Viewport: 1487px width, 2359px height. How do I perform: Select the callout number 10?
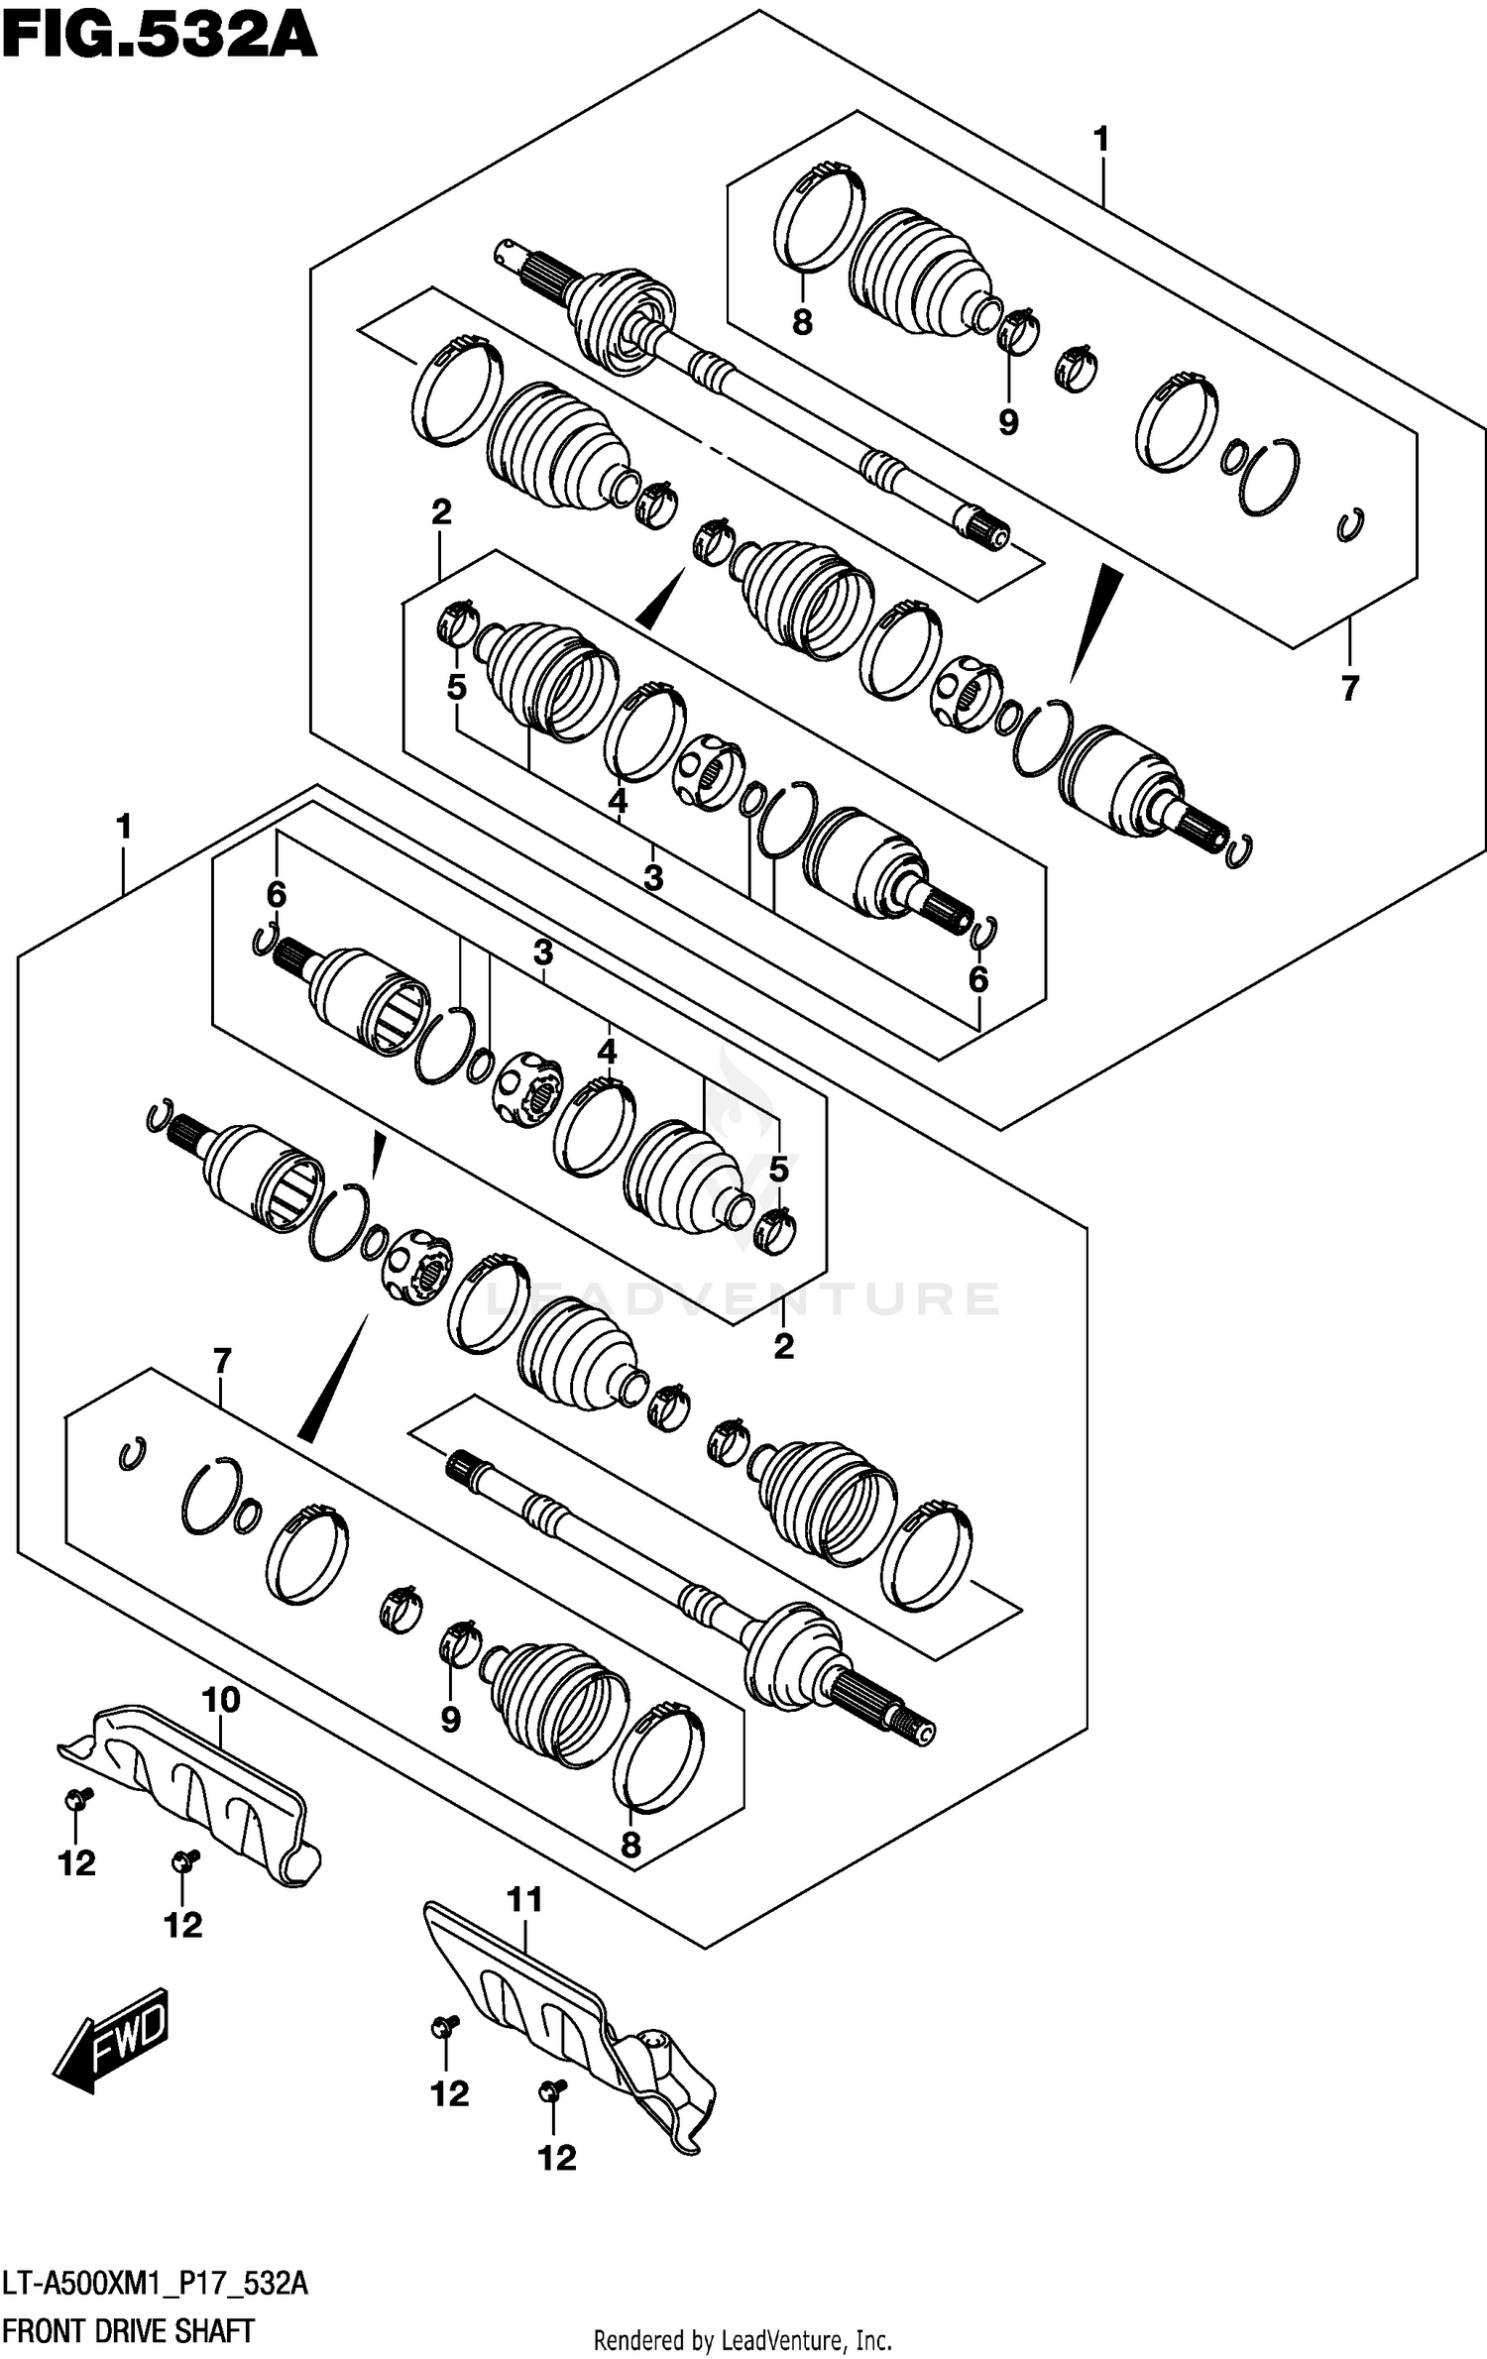click(x=220, y=1700)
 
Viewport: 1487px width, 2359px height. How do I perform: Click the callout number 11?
click(x=524, y=1900)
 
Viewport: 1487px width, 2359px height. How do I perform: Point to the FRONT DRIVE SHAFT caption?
click(x=128, y=2331)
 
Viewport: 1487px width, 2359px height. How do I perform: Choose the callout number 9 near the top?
click(x=1007, y=422)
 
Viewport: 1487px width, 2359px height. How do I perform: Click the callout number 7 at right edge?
click(x=1349, y=687)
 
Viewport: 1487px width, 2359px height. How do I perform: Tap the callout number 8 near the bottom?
click(x=630, y=1845)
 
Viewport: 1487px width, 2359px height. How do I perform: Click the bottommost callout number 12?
click(x=556, y=2157)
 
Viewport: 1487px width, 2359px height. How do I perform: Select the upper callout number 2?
click(x=441, y=511)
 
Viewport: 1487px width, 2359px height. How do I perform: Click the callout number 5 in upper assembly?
click(x=456, y=687)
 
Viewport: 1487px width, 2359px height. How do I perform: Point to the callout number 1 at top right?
click(x=1100, y=140)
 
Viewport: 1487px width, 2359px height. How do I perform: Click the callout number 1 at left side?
click(x=124, y=826)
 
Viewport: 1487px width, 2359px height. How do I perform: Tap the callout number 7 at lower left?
click(x=221, y=1361)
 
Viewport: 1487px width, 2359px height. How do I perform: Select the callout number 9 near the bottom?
click(x=450, y=1719)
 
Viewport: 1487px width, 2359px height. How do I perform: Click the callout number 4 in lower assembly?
click(x=607, y=1051)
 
